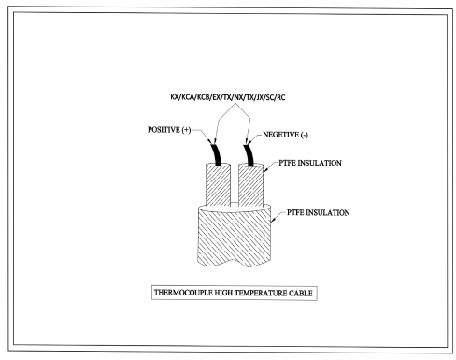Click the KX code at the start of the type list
164,95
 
